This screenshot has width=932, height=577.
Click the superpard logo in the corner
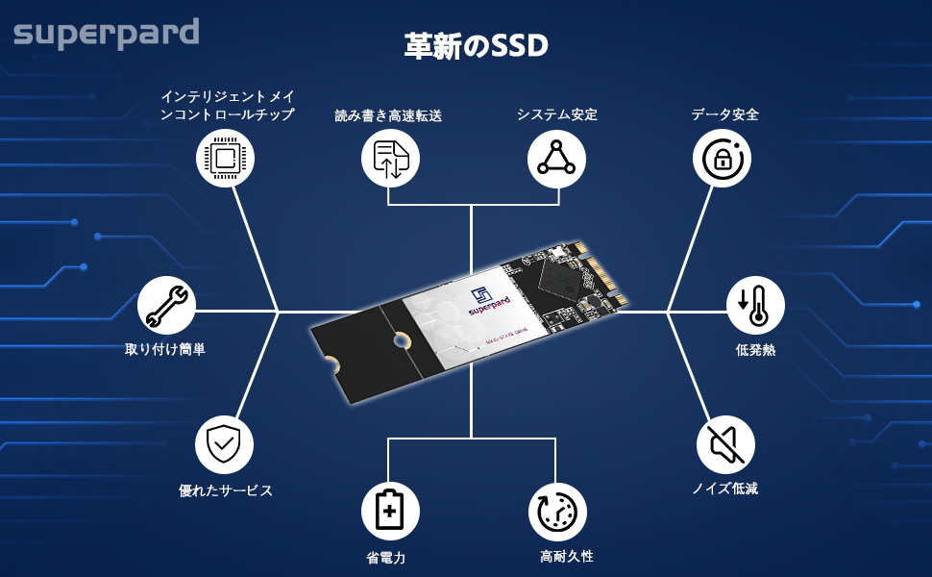106,34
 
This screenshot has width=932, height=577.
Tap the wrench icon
167,307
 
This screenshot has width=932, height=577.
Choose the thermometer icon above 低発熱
755,307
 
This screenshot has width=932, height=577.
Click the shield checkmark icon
224,444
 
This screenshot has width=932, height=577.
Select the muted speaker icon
725,444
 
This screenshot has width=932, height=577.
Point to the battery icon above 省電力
390,510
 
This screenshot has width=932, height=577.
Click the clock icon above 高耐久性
557,510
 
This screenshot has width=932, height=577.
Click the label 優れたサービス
226,490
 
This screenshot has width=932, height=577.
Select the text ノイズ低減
725,489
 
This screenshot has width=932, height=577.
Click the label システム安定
557,114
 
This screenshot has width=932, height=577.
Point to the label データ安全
725,114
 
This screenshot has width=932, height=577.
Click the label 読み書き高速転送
388,115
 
